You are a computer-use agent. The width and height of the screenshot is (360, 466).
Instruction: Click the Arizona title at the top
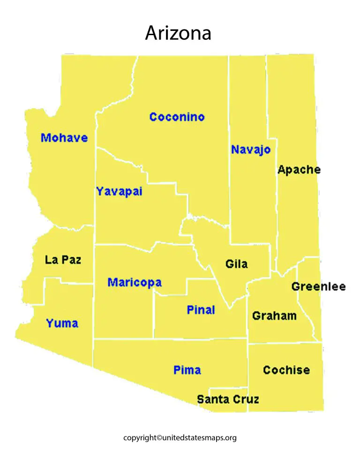pos(178,33)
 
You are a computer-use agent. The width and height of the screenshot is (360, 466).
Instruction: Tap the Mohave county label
pos(64,138)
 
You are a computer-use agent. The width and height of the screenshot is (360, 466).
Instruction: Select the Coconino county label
pos(177,117)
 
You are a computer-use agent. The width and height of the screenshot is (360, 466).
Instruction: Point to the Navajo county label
pos(251,150)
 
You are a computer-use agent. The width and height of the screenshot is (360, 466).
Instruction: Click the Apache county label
pos(299,170)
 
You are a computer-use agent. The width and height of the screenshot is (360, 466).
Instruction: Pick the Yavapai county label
pos(119,192)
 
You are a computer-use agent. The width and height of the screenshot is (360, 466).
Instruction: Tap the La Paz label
pos(63,260)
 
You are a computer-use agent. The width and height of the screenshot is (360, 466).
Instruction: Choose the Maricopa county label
pos(135,283)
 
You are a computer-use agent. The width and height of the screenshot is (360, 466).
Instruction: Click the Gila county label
pos(237,264)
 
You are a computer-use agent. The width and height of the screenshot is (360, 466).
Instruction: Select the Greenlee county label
pos(318,286)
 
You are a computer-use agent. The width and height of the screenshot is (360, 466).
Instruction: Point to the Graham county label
pos(274,316)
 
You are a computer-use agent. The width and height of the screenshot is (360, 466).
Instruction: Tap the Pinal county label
pos(201,310)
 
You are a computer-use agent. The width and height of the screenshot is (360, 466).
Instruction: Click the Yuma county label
pos(62,323)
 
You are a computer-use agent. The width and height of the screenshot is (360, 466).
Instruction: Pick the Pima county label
pos(187,370)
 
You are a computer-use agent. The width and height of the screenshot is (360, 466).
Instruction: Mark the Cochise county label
pos(286,370)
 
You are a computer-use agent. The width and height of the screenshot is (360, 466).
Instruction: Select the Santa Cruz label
pos(228,399)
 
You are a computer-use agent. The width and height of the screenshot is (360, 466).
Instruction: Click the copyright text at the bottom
pos(180,438)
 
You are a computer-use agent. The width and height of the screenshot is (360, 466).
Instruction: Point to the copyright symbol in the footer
pos(159,438)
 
